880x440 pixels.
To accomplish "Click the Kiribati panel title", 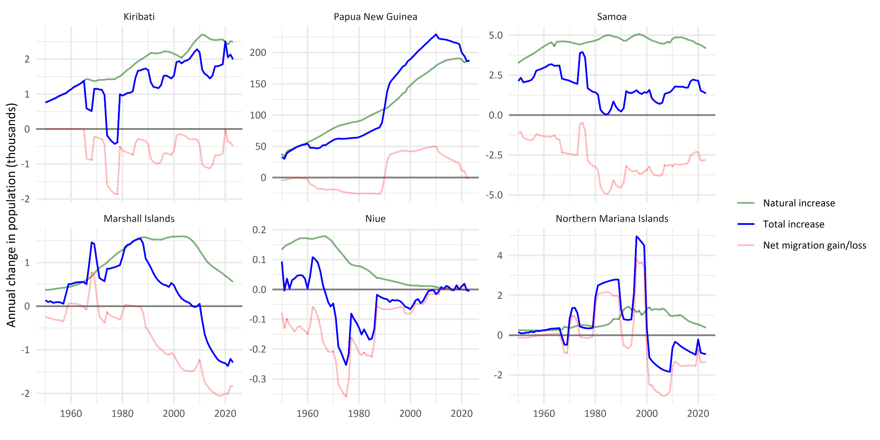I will pyautogui.click(x=139, y=17).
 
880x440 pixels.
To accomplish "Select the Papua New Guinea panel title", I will pyautogui.click(x=375, y=17).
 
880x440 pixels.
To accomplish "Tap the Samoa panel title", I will pyautogui.click(x=612, y=17).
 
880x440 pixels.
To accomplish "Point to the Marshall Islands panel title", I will pyautogui.click(x=139, y=219).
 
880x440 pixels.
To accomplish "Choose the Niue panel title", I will pyautogui.click(x=375, y=219).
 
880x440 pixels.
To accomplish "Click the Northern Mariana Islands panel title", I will pyautogui.click(x=612, y=219).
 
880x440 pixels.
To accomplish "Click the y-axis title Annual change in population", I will pyautogui.click(x=11, y=215).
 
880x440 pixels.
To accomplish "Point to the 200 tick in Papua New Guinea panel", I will pyautogui.click(x=258, y=53).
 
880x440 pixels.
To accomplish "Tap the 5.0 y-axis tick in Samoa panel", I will pyautogui.click(x=495, y=35).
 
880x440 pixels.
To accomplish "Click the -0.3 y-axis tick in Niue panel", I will pyautogui.click(x=258, y=379).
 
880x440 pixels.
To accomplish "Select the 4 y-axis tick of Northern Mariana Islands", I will pyautogui.click(x=500, y=256).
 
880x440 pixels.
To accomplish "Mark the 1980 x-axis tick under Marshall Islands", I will pyautogui.click(x=122, y=414).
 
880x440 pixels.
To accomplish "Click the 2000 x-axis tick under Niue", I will pyautogui.click(x=410, y=414).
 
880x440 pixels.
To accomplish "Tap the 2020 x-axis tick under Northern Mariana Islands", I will pyautogui.click(x=698, y=414).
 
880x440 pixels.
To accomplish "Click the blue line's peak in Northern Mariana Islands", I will pyautogui.click(x=637, y=236).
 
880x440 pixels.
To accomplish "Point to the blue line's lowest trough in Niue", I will pyautogui.click(x=346, y=365).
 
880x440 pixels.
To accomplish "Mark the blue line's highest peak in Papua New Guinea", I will pyautogui.click(x=436, y=34).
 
